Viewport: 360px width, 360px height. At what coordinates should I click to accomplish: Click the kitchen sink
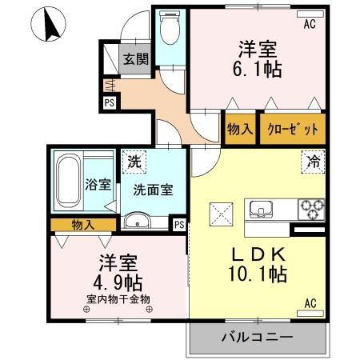[261, 210]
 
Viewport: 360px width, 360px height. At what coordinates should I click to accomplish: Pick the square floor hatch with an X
[220, 213]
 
